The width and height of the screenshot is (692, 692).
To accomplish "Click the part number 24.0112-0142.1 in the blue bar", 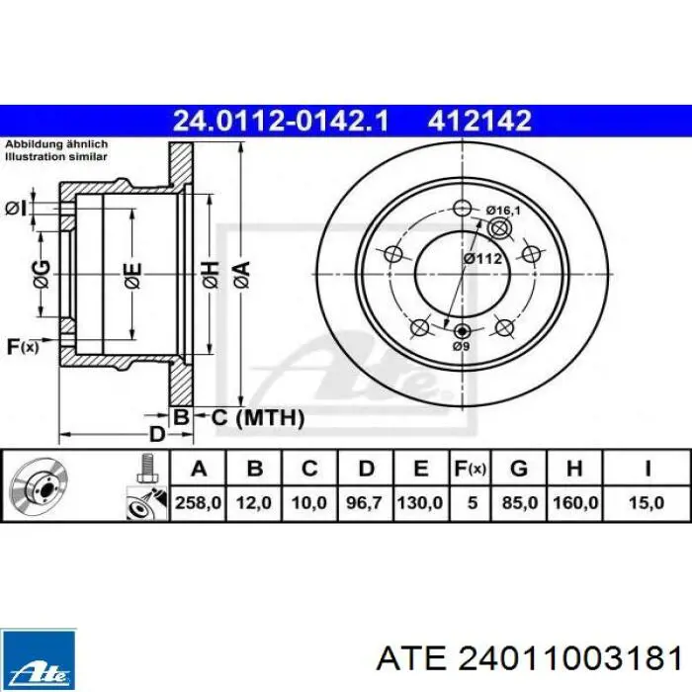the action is (281, 121).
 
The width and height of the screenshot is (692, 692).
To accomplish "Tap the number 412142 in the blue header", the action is (478, 121).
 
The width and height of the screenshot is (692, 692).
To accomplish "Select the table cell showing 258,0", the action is (198, 502).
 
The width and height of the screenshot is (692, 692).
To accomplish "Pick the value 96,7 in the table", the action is (364, 502).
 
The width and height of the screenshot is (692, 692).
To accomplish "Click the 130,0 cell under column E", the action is (420, 502).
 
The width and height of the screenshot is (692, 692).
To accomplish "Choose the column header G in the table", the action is (519, 468).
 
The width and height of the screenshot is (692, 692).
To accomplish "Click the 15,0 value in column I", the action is (647, 502).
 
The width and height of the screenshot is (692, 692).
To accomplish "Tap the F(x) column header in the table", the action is (470, 469).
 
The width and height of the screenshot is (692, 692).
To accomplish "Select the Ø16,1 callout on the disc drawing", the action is (503, 211).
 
